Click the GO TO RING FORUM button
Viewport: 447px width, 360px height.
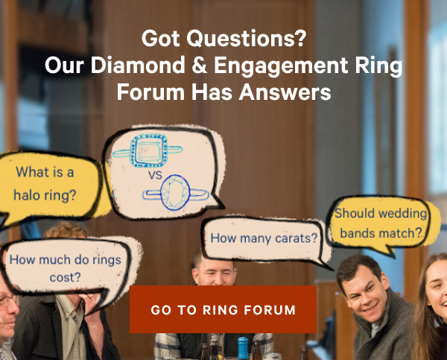[223, 309]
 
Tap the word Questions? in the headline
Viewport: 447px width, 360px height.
[247, 39]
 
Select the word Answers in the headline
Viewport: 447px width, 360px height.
[285, 92]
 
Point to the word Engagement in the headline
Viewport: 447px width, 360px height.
[282, 66]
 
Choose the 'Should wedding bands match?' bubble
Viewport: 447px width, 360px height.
[382, 224]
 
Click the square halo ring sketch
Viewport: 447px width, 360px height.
[148, 150]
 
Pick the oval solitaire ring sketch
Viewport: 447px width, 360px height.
[176, 193]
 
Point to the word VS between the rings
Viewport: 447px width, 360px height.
[155, 175]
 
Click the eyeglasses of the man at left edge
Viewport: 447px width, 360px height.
[8, 300]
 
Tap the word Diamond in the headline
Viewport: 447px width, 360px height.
[138, 65]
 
